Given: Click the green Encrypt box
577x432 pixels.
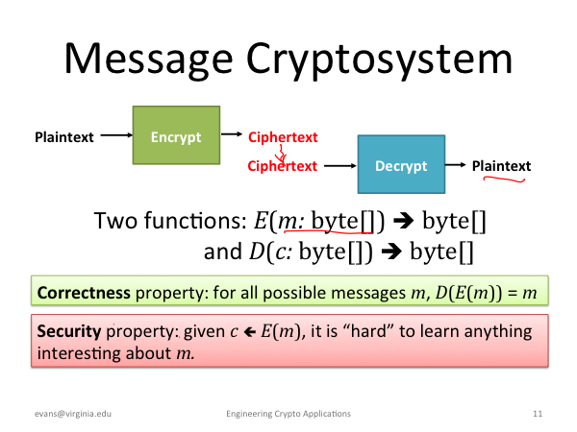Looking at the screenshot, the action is click(176, 135).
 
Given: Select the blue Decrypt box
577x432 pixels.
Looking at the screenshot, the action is click(401, 164).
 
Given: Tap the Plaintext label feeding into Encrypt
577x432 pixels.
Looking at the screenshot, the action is click(64, 137).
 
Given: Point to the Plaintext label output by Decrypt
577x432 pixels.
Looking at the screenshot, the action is click(501, 166).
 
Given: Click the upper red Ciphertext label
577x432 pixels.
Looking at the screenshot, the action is click(283, 137).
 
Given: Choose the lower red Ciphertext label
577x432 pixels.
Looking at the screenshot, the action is click(282, 166).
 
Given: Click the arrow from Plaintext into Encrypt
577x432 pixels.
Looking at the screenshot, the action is click(116, 135).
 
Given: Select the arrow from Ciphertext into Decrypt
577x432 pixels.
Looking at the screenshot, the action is click(340, 166).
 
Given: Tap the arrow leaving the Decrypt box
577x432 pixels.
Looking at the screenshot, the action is click(456, 165).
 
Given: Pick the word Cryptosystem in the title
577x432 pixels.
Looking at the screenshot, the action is click(379, 60).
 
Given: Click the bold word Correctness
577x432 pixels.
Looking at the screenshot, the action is click(84, 293).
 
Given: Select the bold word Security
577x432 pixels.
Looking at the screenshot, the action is click(69, 331).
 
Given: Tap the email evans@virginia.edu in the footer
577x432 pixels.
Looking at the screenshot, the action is click(73, 414).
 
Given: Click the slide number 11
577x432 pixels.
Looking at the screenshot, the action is click(538, 414).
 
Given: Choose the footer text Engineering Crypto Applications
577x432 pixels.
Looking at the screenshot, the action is click(288, 414).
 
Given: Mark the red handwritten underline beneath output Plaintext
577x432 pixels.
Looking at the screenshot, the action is click(504, 180).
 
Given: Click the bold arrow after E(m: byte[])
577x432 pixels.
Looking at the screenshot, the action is click(403, 221).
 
